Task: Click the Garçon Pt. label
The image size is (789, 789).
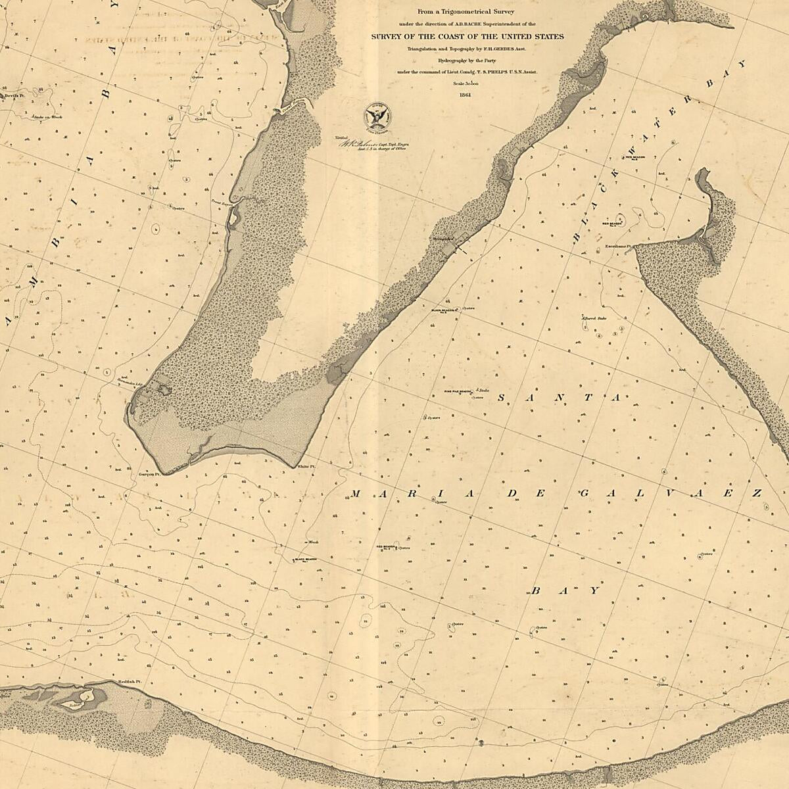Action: point(149,472)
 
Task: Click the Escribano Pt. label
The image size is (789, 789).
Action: point(618,248)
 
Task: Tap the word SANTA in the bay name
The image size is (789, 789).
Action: point(560,398)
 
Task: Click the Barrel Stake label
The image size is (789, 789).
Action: point(593,318)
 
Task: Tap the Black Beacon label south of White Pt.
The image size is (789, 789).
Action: point(306,559)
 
